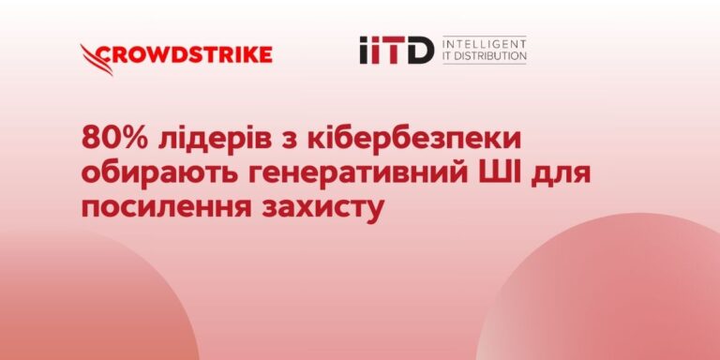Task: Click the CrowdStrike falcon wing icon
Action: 97,60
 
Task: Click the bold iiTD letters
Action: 397,51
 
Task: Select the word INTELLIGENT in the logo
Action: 485,45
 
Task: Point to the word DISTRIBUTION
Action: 491,56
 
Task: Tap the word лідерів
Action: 218,139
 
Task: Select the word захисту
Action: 322,210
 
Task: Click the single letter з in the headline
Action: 292,142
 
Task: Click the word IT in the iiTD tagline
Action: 448,56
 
